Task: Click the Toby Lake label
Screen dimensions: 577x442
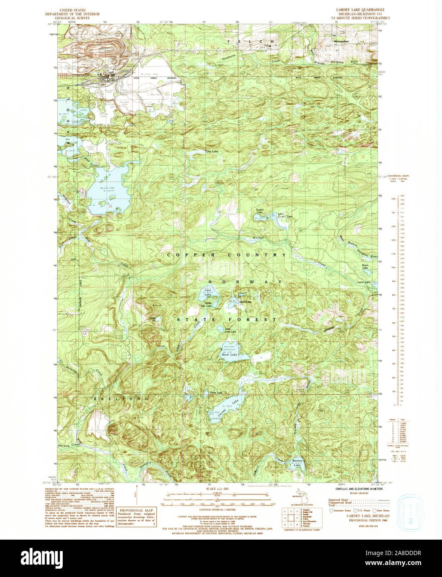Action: [x=211, y=152]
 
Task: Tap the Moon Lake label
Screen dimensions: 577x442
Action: [x=365, y=267]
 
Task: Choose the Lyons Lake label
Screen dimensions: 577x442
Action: [x=363, y=282]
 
